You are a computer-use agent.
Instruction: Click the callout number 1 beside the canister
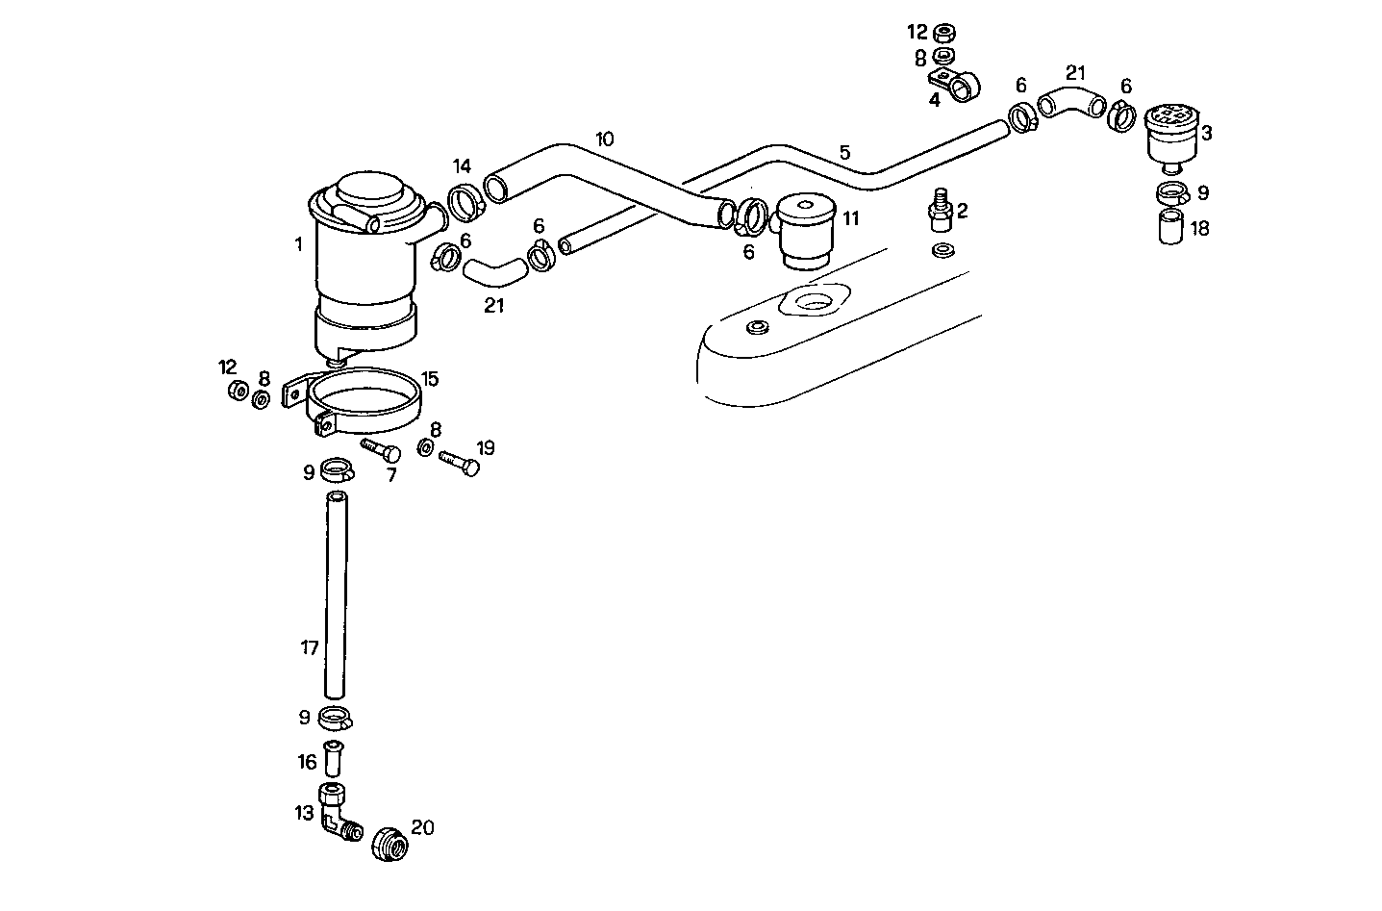[x=298, y=245]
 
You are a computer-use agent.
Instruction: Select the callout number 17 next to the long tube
[x=309, y=648]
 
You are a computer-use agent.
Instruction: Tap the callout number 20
[x=423, y=827]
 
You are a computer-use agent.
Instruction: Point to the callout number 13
[x=304, y=813]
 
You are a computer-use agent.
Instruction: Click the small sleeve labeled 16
[x=335, y=760]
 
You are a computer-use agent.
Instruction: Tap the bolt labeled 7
[x=381, y=449]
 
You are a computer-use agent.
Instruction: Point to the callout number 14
[x=462, y=165]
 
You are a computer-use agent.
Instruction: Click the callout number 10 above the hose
[x=603, y=139]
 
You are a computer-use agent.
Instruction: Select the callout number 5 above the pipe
[x=844, y=152]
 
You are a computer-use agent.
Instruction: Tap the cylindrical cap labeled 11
[x=806, y=231]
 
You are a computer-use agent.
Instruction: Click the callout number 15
[x=429, y=378]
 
